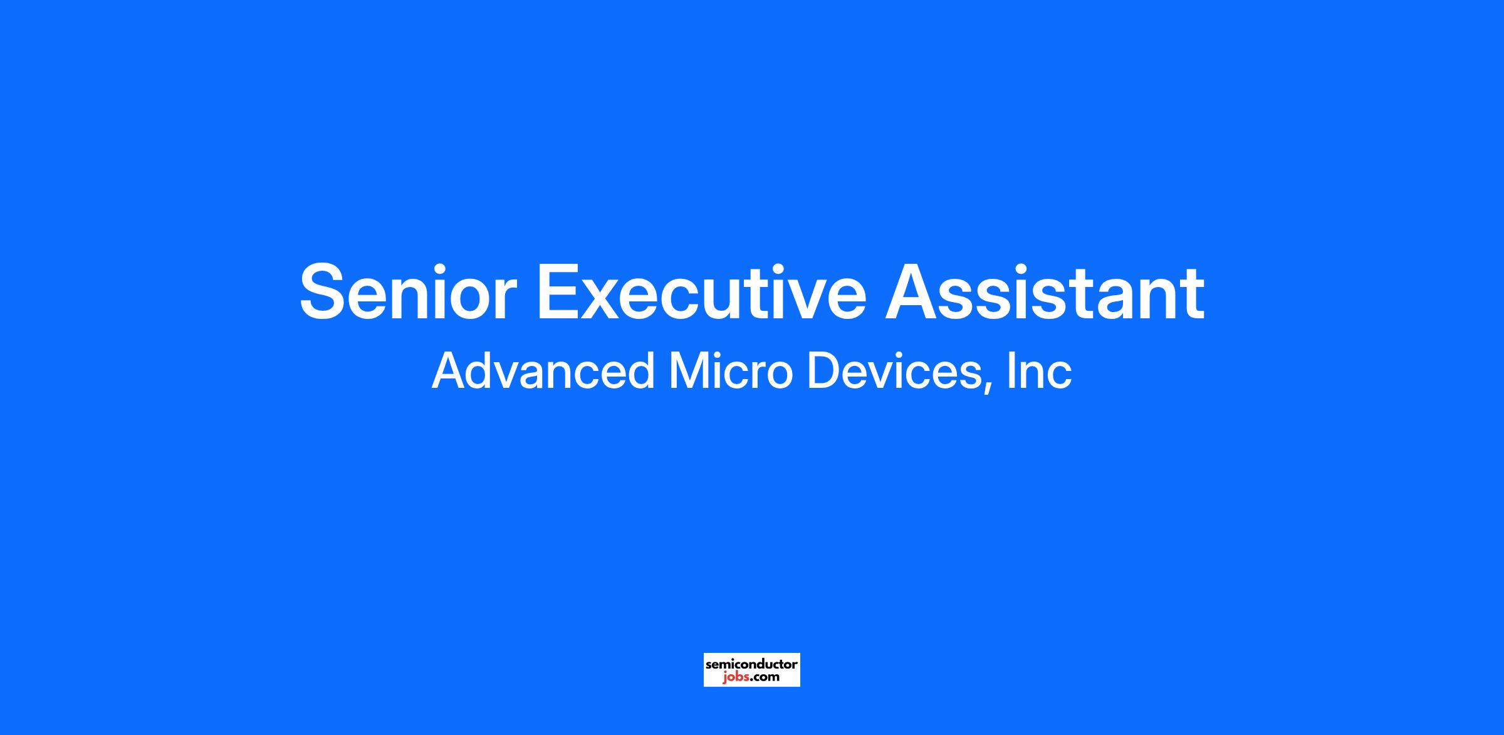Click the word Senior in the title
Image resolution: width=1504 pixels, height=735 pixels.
click(x=408, y=292)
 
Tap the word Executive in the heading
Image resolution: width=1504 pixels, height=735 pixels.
click(x=701, y=292)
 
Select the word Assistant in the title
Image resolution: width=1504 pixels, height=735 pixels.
click(x=1045, y=292)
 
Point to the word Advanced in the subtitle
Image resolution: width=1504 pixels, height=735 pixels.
click(x=543, y=371)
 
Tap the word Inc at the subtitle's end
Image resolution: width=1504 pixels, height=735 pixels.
click(x=1040, y=371)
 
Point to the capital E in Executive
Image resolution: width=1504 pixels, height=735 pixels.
click(x=560, y=292)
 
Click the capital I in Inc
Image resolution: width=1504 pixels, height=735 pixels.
click(x=1011, y=371)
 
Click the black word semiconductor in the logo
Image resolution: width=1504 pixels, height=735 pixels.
click(x=751, y=664)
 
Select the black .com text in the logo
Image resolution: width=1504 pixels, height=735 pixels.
click(x=765, y=677)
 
